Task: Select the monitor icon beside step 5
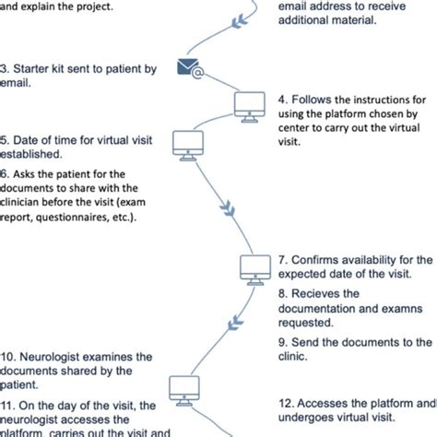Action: click(189, 143)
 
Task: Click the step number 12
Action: click(287, 403)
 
